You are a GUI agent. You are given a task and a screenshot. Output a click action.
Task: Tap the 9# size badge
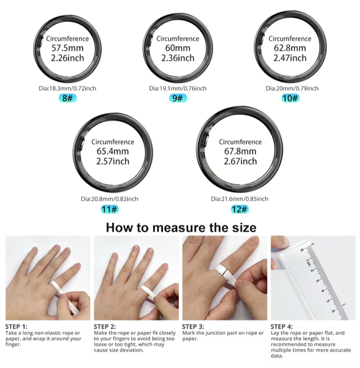(x=178, y=98)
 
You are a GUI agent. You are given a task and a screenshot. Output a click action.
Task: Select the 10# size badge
(x=290, y=98)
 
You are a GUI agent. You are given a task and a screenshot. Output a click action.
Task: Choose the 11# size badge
(x=110, y=209)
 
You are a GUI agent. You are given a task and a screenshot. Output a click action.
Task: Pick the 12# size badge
(x=239, y=209)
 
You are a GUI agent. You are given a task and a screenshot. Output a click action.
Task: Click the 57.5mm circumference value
(x=68, y=48)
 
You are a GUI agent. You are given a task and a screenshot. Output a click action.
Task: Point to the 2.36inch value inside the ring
(x=178, y=58)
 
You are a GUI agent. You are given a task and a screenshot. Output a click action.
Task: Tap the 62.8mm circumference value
(x=290, y=48)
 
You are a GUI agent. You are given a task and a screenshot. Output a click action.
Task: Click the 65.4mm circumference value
(x=112, y=152)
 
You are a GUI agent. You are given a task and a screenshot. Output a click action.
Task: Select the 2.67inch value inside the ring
(x=240, y=161)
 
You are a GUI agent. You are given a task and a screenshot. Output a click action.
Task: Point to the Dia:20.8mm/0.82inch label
(x=110, y=199)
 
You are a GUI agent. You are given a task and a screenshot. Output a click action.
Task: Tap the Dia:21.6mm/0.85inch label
(x=239, y=199)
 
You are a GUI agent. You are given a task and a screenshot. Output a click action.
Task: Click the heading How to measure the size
(x=181, y=227)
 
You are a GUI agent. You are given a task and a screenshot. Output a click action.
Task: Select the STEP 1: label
(x=17, y=326)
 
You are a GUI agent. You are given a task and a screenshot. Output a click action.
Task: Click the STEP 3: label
(x=193, y=326)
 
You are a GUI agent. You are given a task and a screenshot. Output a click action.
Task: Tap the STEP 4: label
(x=282, y=326)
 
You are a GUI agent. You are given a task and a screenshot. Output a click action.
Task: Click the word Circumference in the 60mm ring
(x=178, y=39)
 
